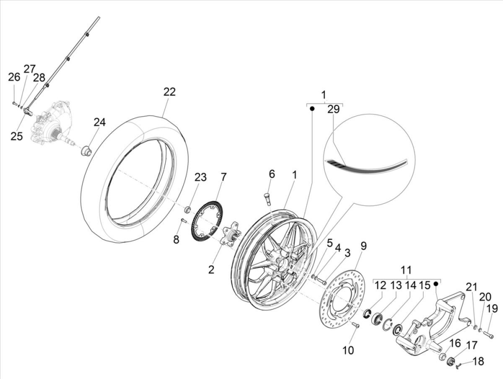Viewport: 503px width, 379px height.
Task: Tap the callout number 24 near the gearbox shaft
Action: point(100,122)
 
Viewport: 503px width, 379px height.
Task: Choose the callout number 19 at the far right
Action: point(492,309)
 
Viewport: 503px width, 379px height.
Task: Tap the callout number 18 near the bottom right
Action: point(479,361)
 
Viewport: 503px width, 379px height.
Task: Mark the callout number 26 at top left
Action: point(14,77)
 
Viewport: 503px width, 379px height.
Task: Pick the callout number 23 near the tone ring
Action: point(200,177)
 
